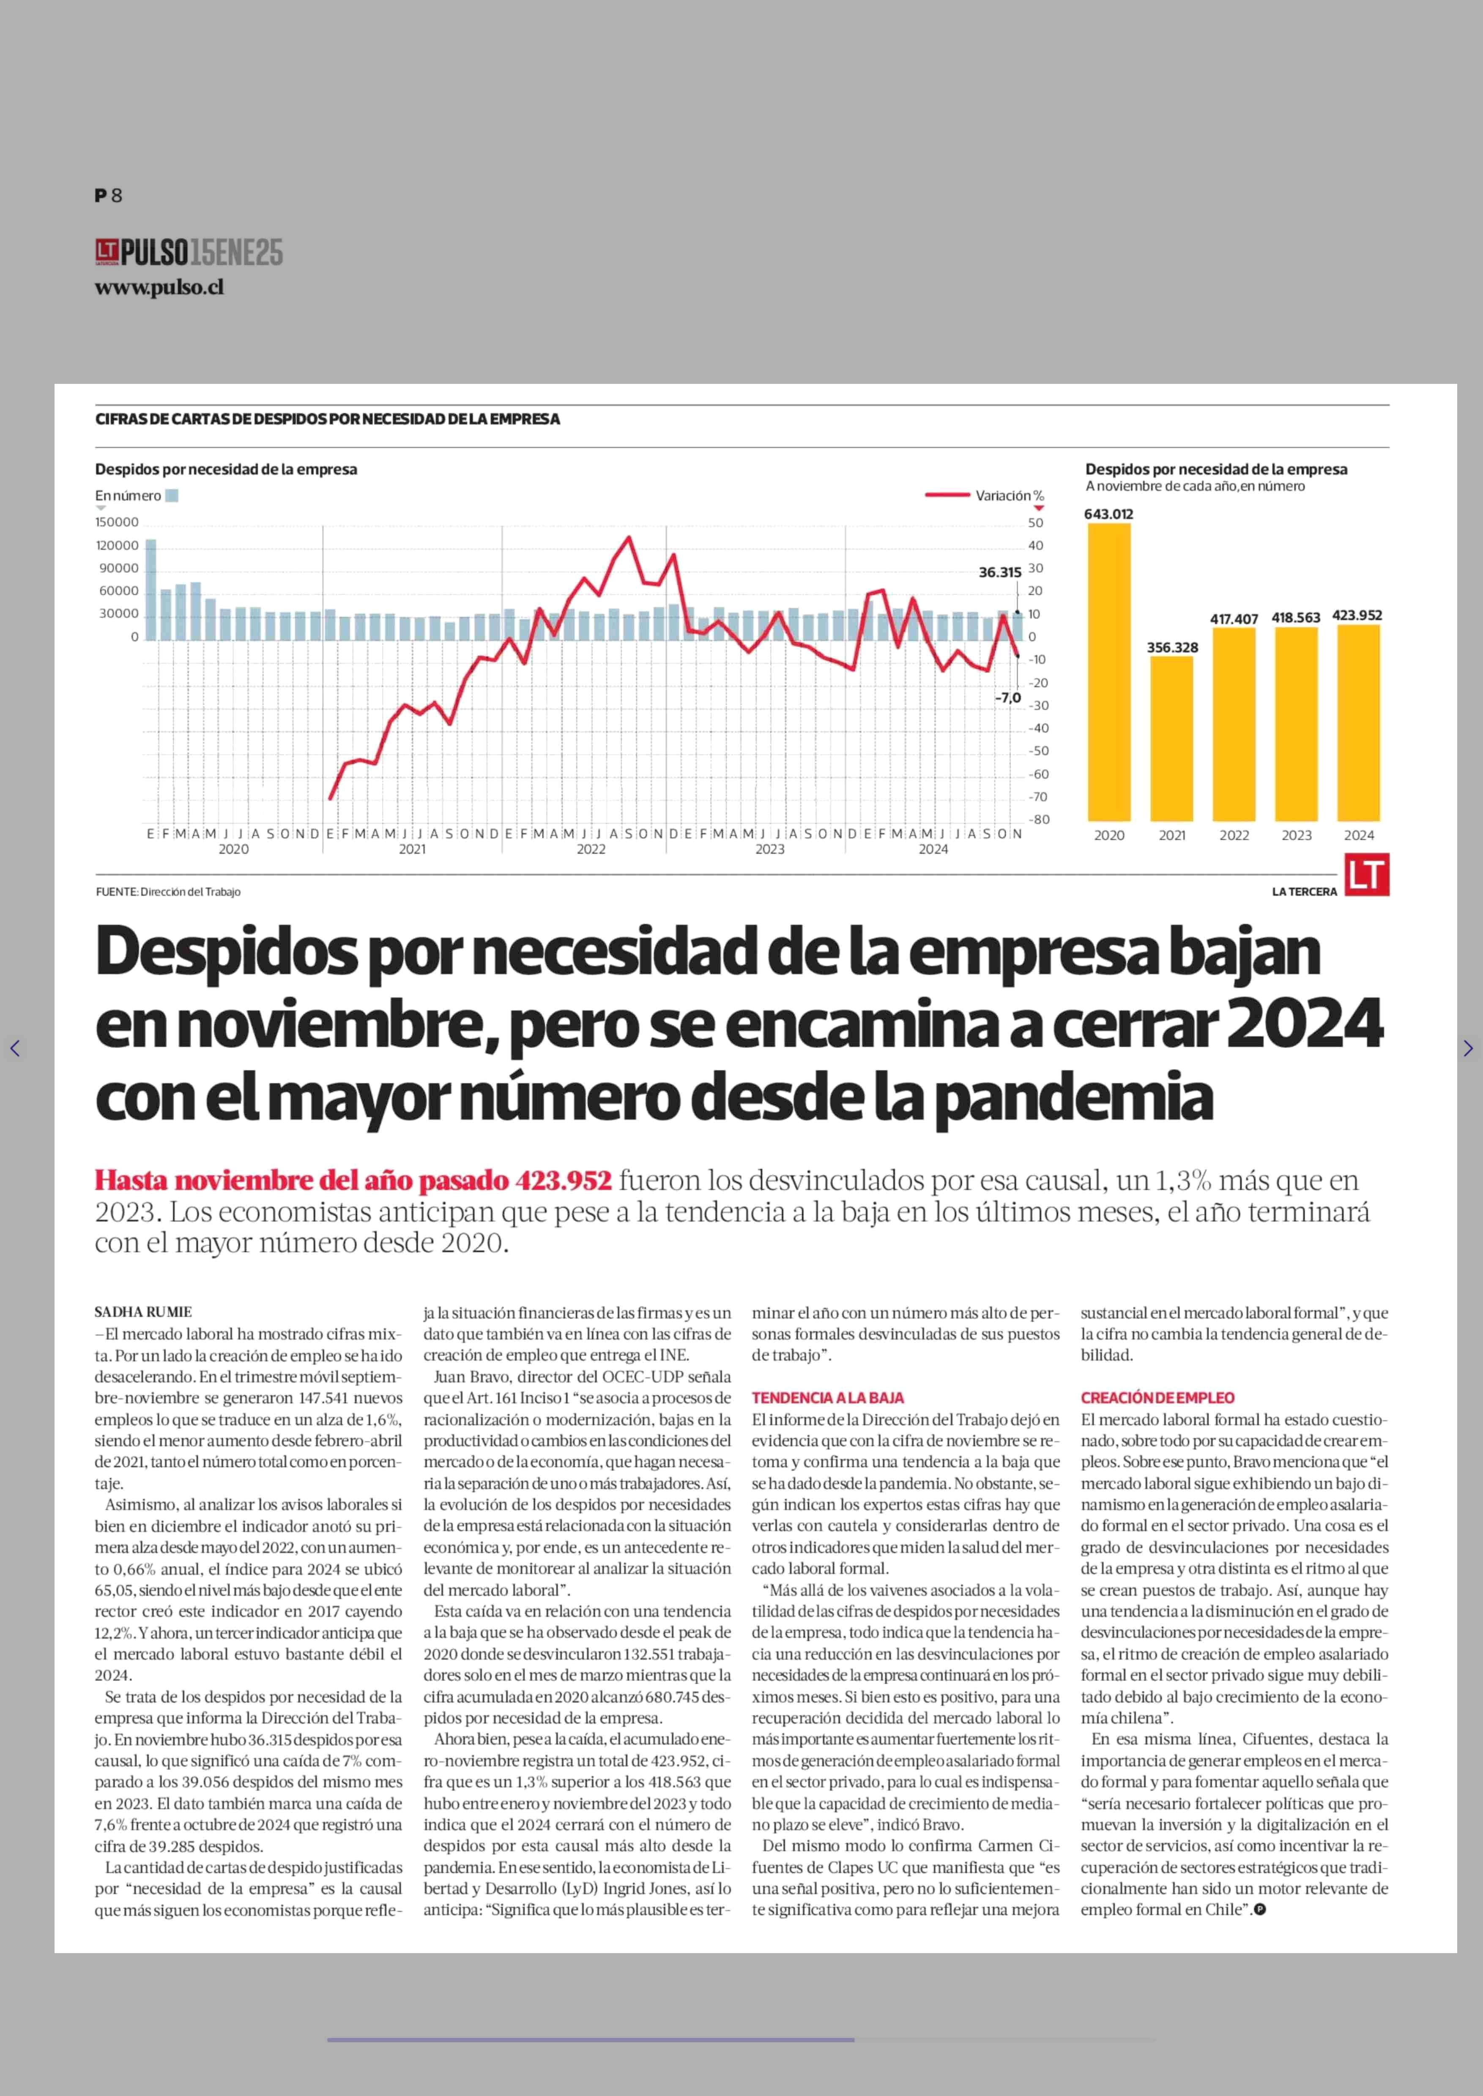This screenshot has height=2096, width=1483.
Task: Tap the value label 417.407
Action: [1234, 619]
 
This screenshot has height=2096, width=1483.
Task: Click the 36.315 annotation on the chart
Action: [1000, 573]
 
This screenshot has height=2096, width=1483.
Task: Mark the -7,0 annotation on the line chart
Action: [1008, 698]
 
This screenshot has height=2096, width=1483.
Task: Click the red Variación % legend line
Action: [947, 495]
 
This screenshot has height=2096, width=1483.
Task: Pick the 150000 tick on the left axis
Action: [117, 523]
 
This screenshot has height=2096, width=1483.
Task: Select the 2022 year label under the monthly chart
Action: [591, 849]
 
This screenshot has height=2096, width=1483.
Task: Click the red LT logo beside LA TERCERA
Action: [1367, 875]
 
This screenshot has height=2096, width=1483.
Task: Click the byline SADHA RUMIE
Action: [143, 1311]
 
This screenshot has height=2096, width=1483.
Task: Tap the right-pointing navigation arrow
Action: [1467, 1048]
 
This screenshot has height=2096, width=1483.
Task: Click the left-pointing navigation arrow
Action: [15, 1048]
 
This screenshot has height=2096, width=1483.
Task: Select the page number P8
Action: [108, 195]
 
